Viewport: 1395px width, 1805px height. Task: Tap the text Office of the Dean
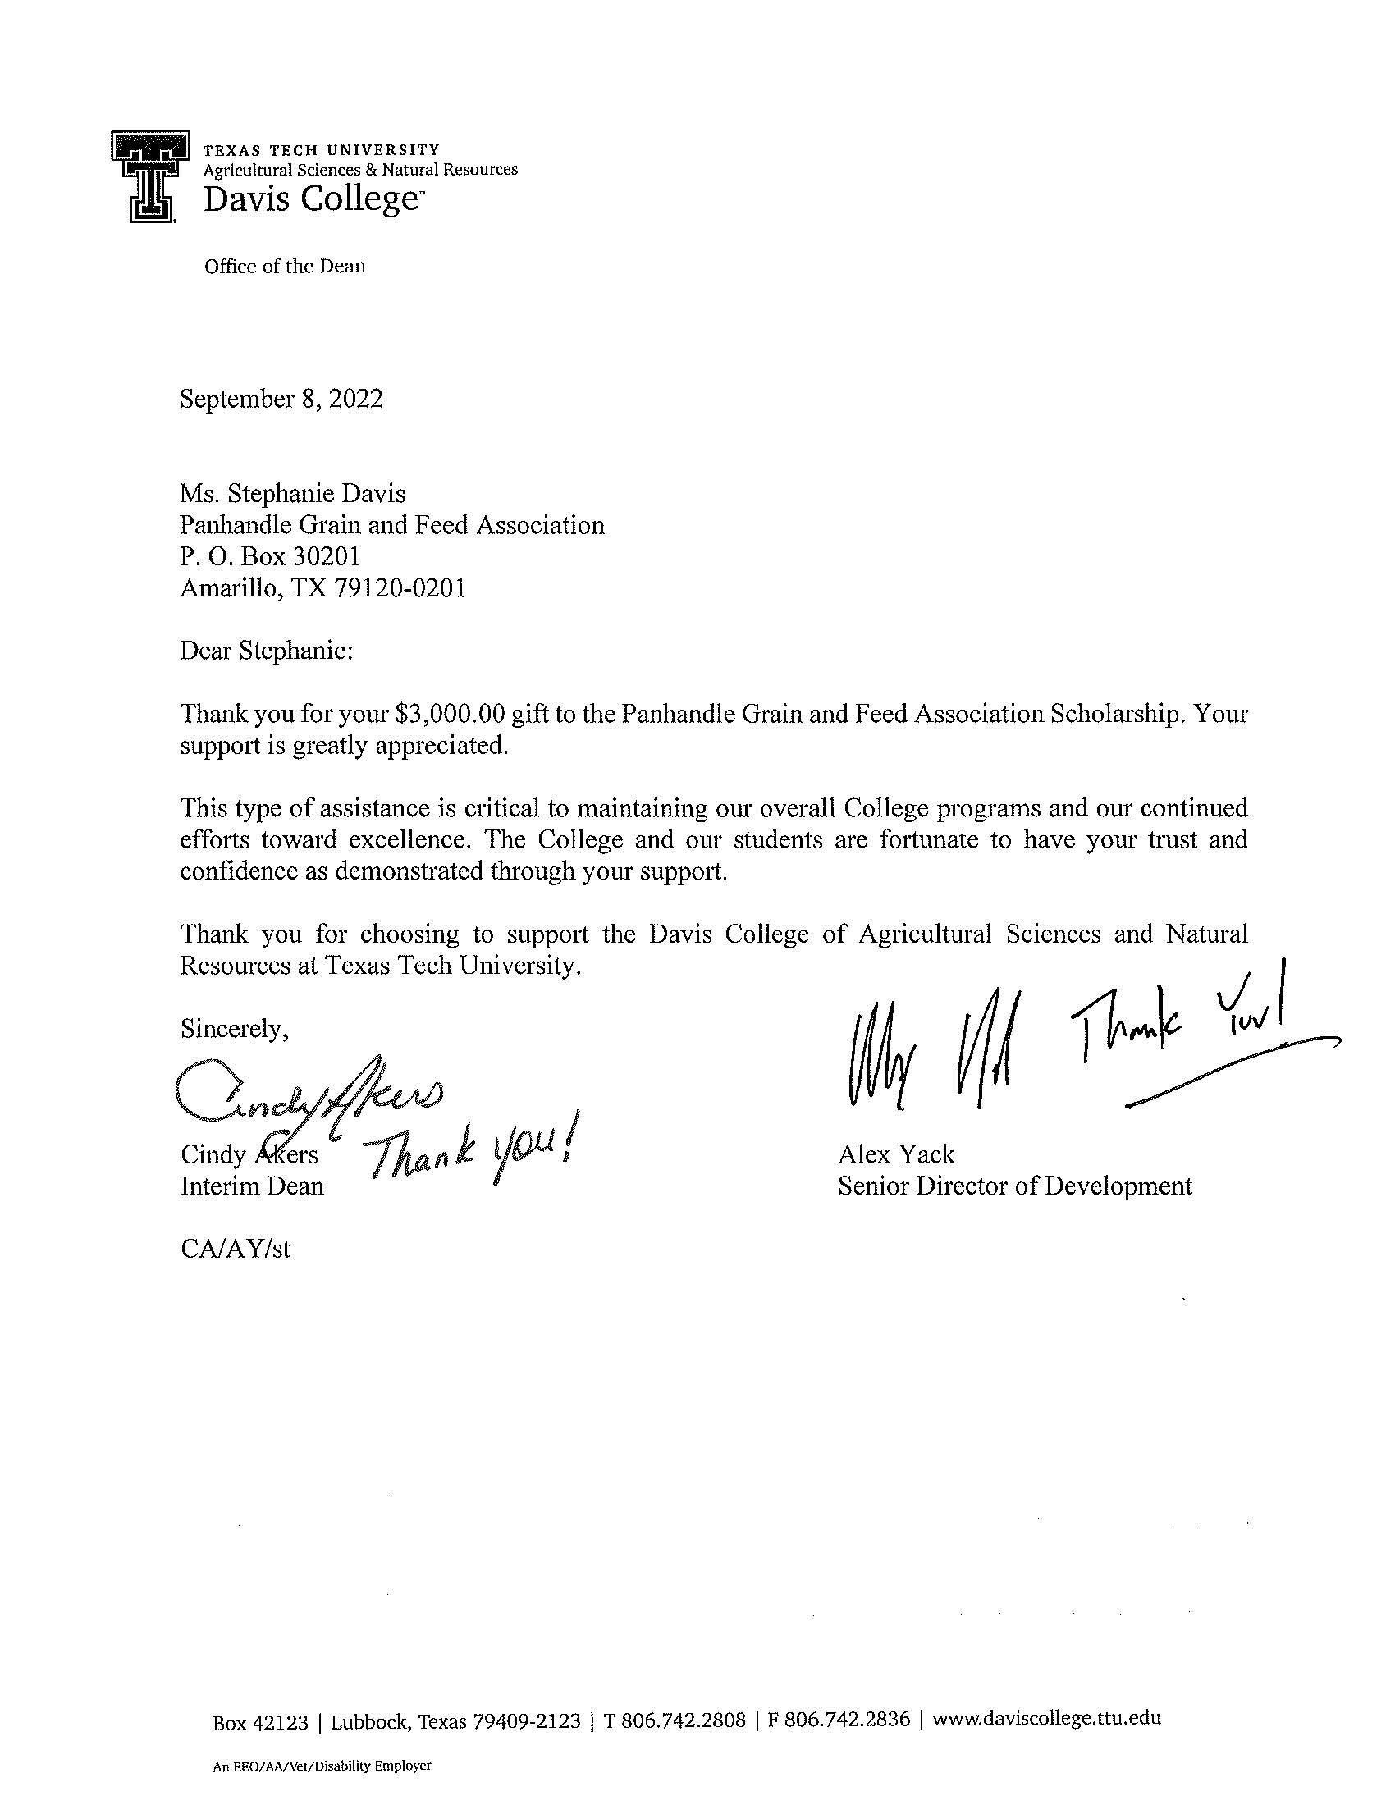coord(284,266)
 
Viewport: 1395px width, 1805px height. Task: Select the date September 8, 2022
coord(281,400)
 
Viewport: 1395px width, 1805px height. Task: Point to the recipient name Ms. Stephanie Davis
coord(293,493)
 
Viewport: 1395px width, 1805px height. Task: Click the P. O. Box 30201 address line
coord(269,556)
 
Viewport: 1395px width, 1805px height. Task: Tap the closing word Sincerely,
coord(235,1029)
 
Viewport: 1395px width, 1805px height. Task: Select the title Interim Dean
coord(252,1186)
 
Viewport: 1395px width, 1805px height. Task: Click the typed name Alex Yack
coord(896,1154)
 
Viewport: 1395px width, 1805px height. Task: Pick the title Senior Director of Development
coord(1014,1186)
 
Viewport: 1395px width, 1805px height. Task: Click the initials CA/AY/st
coord(236,1248)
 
